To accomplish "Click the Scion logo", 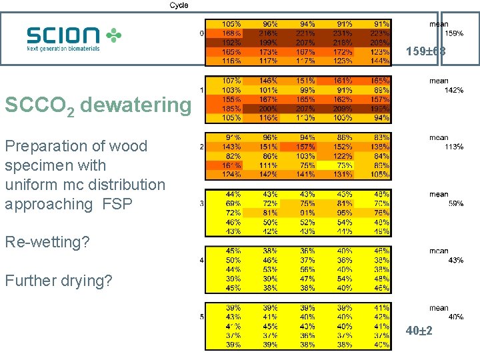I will pos(74,39).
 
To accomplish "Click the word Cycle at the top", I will pos(179,5).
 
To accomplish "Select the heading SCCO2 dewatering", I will pos(97,105).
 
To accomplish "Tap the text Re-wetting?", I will pos(47,242).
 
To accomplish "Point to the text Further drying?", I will pos(59,281).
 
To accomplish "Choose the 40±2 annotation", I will pos(419,331).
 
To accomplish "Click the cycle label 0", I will pos(202,33).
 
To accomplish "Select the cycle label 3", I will pos(202,203).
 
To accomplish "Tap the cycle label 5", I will pos(202,317).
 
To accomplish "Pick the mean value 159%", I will pos(454,33).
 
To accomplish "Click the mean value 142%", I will pos(454,90).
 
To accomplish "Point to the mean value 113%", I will pos(454,147).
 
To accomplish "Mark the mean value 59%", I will pos(455,203).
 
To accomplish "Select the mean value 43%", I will pos(455,260).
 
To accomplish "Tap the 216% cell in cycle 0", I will pos(268,33).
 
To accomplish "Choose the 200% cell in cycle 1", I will pos(268,108).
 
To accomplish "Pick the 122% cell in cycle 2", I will pos(344,155).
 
